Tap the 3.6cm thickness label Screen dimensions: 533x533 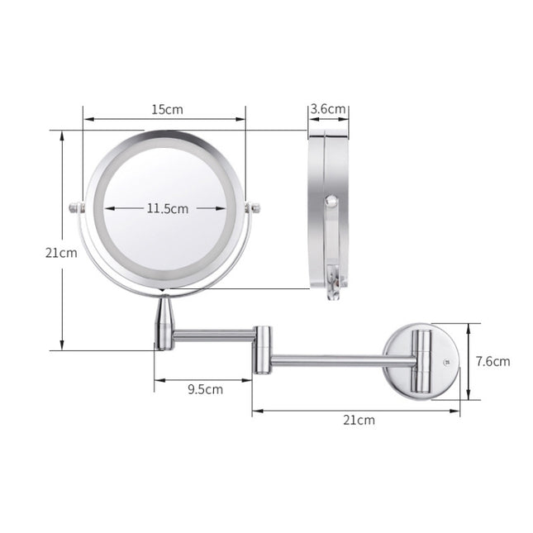[x=328, y=109]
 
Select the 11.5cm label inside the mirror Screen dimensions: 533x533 [x=168, y=209]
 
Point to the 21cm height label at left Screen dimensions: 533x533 [x=60, y=253]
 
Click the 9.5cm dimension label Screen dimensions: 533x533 [x=204, y=388]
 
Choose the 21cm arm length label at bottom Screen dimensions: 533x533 [x=359, y=420]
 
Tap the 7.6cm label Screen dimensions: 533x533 [x=493, y=361]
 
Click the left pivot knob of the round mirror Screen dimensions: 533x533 [x=76, y=207]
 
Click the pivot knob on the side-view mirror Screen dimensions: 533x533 [x=330, y=201]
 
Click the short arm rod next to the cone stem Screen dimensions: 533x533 [x=215, y=336]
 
